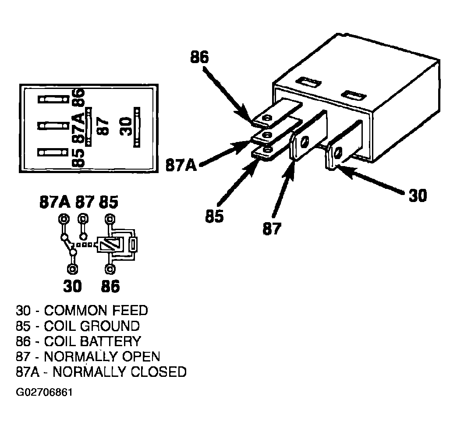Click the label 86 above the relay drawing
click(x=200, y=57)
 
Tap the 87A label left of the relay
click(x=181, y=165)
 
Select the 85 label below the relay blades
click(x=214, y=216)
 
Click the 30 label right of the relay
click(x=418, y=195)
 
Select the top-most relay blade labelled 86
click(x=276, y=113)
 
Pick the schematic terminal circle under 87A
click(x=64, y=219)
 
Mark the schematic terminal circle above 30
click(x=72, y=269)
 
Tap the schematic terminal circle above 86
click(x=109, y=269)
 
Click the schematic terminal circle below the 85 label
click(x=109, y=219)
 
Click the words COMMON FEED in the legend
click(x=96, y=311)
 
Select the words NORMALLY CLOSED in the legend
click(x=120, y=372)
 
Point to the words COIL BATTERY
click(x=92, y=341)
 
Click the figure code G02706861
click(x=44, y=392)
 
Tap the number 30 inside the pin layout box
click(x=127, y=126)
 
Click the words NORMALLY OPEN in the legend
click(x=102, y=356)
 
